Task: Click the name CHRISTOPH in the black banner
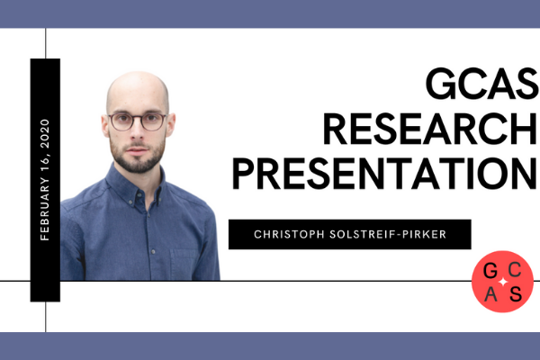(286, 235)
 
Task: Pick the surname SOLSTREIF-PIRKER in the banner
(391, 235)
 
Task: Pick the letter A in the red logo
(490, 292)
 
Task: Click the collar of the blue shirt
(135, 182)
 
